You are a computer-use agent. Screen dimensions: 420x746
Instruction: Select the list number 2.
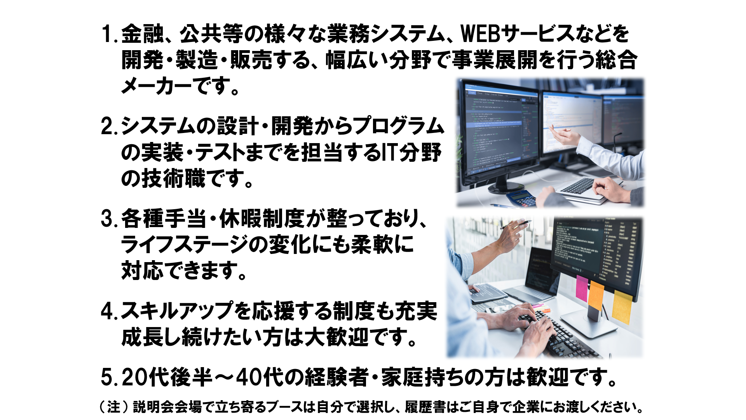click(107, 126)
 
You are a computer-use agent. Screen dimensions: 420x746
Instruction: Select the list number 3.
click(107, 219)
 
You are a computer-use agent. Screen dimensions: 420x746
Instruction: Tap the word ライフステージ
click(185, 245)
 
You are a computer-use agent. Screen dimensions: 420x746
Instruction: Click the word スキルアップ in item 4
click(177, 311)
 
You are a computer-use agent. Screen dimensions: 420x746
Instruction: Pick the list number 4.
click(107, 311)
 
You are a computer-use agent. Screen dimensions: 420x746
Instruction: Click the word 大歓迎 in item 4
click(336, 337)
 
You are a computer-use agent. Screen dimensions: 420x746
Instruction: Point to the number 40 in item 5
click(249, 377)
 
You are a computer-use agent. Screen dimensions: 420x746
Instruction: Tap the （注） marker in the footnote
click(113, 407)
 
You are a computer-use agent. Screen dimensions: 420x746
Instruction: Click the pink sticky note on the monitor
click(582, 288)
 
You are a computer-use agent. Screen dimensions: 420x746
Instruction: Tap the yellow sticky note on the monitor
click(622, 307)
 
